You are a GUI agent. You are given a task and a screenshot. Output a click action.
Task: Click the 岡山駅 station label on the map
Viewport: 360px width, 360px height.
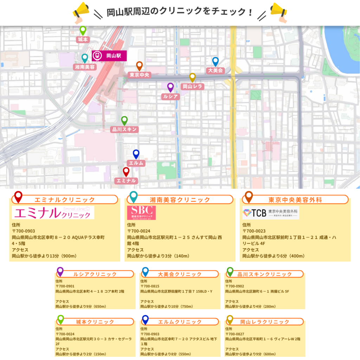tap(109, 56)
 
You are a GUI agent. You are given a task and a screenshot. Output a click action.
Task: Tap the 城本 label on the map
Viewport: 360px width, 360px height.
tap(83, 39)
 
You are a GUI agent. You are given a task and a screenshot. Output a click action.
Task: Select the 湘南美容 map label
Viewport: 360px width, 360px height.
tap(85, 66)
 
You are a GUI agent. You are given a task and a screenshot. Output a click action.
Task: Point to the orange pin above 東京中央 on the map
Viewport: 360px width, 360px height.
tap(139, 66)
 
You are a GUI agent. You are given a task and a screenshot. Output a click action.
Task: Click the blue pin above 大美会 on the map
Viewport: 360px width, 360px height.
tap(216, 62)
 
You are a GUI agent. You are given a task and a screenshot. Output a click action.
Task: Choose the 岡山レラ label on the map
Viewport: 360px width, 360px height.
tap(192, 86)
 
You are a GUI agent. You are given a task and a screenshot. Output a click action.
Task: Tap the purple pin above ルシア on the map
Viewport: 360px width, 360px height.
tap(171, 87)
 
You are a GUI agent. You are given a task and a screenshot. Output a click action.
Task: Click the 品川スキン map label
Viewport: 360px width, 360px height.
tap(124, 129)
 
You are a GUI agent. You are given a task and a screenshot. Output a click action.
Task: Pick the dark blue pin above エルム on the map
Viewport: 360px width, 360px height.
tap(136, 154)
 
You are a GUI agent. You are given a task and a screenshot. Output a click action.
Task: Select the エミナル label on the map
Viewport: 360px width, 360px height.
tap(126, 180)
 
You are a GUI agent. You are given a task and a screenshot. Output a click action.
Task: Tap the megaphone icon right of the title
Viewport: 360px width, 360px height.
tap(279, 11)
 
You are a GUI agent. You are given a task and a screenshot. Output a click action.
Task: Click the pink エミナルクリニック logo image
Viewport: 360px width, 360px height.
tap(53, 213)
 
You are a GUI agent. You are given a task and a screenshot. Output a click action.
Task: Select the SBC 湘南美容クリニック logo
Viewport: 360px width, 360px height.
tap(142, 213)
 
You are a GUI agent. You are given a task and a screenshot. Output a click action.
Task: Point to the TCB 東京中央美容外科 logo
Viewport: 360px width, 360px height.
tap(270, 213)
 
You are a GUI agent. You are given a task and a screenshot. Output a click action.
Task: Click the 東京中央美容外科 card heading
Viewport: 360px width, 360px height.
tap(295, 200)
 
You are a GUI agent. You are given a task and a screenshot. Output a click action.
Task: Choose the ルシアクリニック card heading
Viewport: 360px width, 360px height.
tap(95, 274)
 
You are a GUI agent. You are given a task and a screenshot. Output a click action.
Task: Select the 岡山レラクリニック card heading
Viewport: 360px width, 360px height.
tap(265, 322)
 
